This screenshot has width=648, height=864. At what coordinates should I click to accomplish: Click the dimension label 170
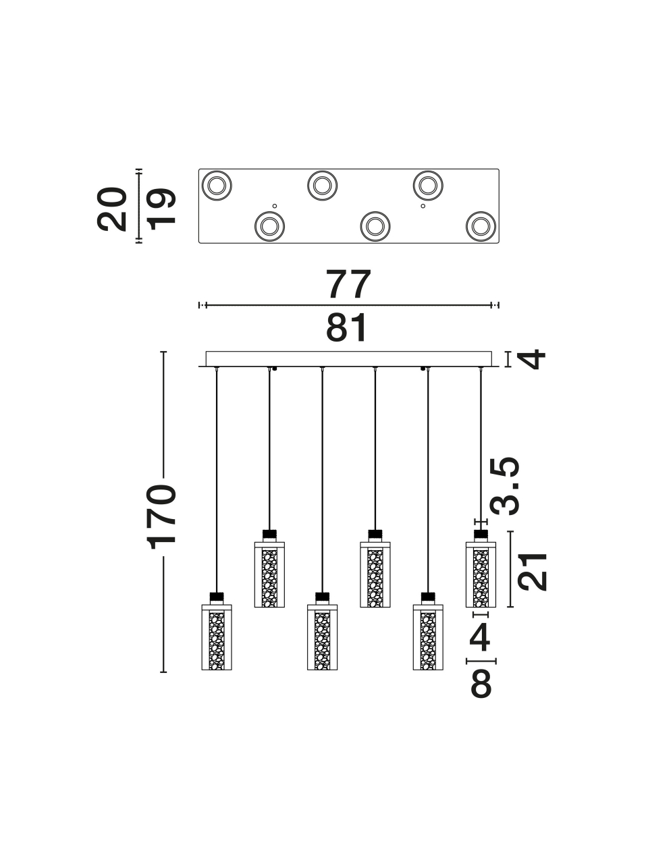pos(161,517)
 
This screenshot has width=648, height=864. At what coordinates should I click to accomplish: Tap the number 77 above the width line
pos(348,284)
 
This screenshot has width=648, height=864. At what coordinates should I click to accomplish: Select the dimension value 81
pos(347,328)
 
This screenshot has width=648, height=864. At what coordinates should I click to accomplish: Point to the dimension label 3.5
pos(505,486)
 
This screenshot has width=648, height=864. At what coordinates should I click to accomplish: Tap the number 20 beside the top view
pos(112,209)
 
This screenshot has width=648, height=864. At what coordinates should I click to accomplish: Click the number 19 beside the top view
pos(161,209)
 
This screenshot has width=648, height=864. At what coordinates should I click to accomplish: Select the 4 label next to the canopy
pos(531,359)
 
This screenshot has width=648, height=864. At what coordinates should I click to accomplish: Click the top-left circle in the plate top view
pos(217,186)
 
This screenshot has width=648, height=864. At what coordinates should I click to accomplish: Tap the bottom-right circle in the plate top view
pos(481,227)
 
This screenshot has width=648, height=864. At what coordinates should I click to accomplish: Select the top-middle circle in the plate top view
pos(322,186)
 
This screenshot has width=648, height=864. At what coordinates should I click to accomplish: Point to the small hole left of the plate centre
pos(275,206)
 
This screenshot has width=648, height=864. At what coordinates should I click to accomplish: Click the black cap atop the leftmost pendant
pos(217,597)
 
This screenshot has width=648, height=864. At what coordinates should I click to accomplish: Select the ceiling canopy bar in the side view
pos(348,359)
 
